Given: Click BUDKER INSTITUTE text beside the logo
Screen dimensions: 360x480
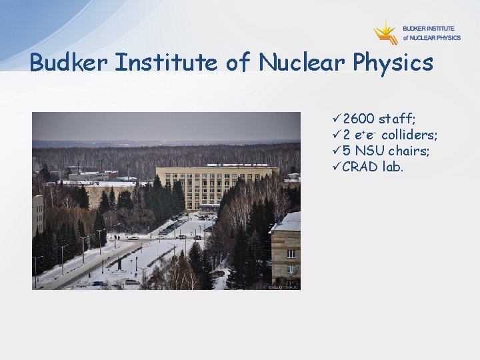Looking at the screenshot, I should click(428, 29).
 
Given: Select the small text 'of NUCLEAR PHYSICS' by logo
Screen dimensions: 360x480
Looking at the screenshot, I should click(431, 38).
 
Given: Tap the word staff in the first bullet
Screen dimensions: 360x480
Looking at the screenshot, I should click(397, 119).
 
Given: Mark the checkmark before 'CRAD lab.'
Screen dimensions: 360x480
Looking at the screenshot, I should click(336, 167).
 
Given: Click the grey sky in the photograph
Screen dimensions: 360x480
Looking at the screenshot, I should click(167, 127).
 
